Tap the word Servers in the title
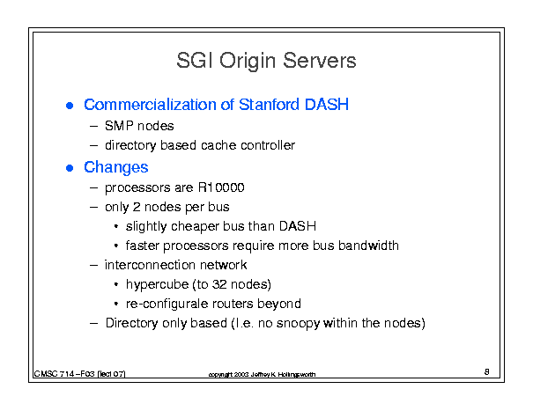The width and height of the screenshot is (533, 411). [319, 61]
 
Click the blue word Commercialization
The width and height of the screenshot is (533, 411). [150, 105]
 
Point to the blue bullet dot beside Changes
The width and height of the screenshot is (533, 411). [70, 168]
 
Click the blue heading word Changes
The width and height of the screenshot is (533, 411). [116, 167]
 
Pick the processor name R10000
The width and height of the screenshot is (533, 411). [221, 187]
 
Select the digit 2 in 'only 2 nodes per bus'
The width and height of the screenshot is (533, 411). [137, 207]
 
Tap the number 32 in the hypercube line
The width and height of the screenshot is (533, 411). [219, 284]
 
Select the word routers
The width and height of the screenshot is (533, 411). [233, 304]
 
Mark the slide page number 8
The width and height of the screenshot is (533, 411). [487, 371]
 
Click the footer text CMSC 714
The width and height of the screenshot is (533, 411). [54, 374]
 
